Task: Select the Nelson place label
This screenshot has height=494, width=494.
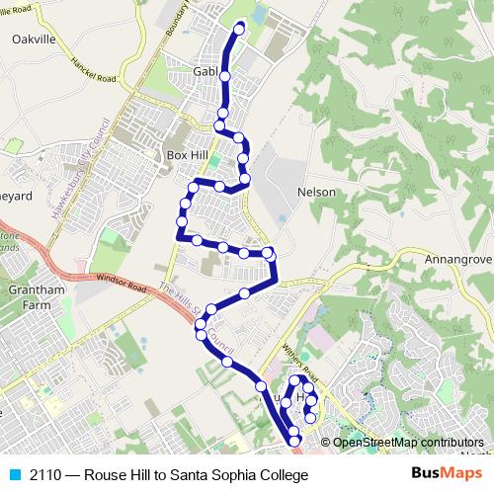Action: [316, 192]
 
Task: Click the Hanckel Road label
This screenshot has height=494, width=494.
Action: [94, 68]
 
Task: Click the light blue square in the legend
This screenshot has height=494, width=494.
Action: [13, 475]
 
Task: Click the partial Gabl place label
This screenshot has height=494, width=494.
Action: [205, 72]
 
